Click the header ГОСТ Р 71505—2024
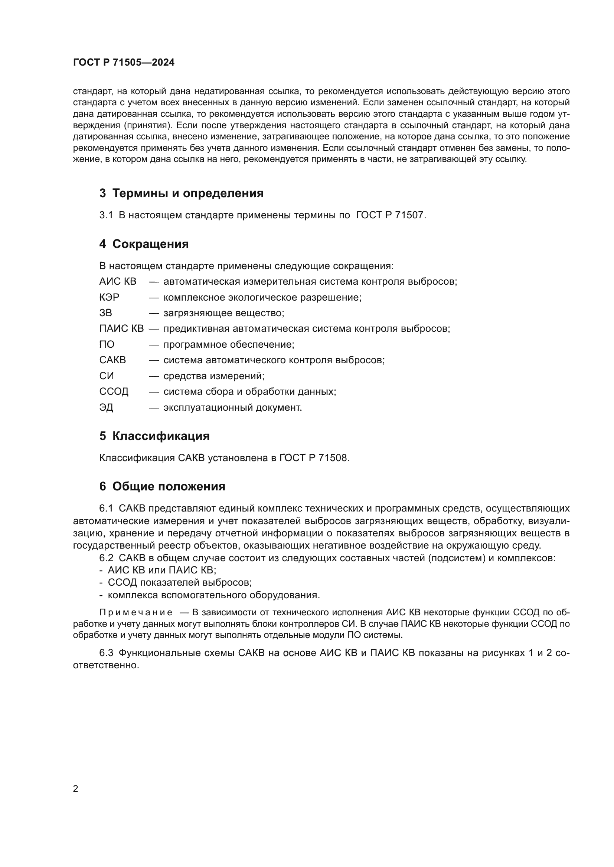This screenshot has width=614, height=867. pyautogui.click(x=124, y=63)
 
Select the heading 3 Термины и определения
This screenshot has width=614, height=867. pyautogui.click(x=182, y=193)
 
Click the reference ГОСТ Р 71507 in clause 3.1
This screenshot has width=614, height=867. pyautogui.click(x=391, y=215)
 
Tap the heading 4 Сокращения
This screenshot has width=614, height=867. pyautogui.click(x=144, y=244)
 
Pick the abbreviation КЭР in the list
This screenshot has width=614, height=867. pyautogui.click(x=109, y=298)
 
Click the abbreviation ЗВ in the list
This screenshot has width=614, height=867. pyautogui.click(x=105, y=313)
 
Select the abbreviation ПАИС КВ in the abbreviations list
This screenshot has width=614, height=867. pyautogui.click(x=121, y=328)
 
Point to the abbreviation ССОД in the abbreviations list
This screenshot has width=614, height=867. pyautogui.click(x=114, y=391)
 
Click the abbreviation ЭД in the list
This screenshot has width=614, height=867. pyautogui.click(x=106, y=408)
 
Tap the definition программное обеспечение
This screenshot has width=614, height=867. pyautogui.click(x=228, y=344)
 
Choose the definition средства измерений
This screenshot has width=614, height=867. pyautogui.click(x=213, y=376)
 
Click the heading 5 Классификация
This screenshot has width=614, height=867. pyautogui.click(x=154, y=436)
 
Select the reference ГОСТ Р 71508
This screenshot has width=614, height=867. pyautogui.click(x=314, y=458)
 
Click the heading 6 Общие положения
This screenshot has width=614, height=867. pyautogui.click(x=162, y=486)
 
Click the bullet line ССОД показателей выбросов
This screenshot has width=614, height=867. pyautogui.click(x=180, y=583)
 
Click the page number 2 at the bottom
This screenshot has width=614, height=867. pyautogui.click(x=76, y=788)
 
